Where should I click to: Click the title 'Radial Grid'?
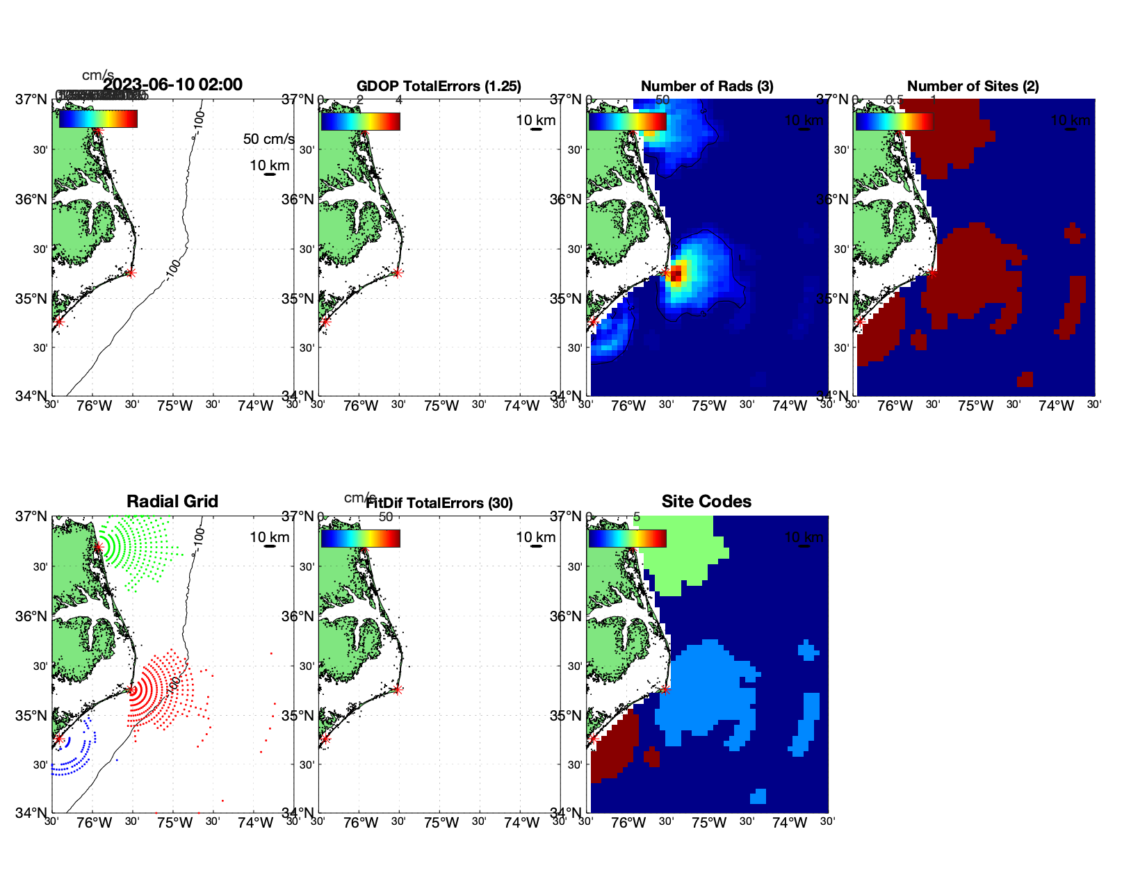pyautogui.click(x=172, y=502)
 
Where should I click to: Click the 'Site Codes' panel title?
pyautogui.click(x=706, y=502)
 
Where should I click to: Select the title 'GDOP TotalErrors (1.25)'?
pyautogui.click(x=439, y=86)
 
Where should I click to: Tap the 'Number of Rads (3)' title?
pyautogui.click(x=707, y=86)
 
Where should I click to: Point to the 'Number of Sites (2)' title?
pyautogui.click(x=973, y=86)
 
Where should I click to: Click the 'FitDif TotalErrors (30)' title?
pyautogui.click(x=439, y=503)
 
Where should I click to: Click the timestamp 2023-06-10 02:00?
pyautogui.click(x=173, y=85)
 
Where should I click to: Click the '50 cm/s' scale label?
pyautogui.click(x=268, y=139)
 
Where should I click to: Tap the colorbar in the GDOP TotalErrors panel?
pyautogui.click(x=360, y=122)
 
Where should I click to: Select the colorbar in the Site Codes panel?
pyautogui.click(x=627, y=539)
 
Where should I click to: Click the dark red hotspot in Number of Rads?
pyautogui.click(x=676, y=272)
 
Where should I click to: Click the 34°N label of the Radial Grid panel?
pyautogui.click(x=31, y=812)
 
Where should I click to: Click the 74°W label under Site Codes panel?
pyautogui.click(x=789, y=823)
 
